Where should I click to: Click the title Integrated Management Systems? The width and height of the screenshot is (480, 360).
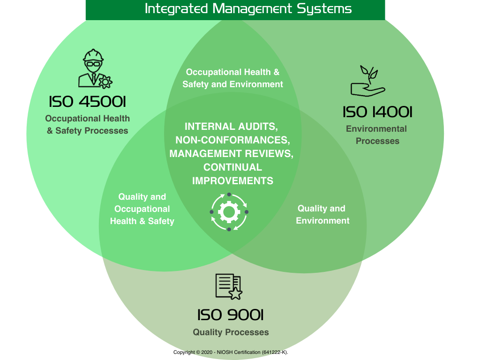(x=248, y=8)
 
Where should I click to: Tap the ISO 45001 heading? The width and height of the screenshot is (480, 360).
(x=87, y=102)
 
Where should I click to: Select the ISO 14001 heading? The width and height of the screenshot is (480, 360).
(x=377, y=112)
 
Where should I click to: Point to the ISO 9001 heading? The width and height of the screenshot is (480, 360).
(x=230, y=315)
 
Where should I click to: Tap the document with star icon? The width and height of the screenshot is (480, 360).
(x=228, y=286)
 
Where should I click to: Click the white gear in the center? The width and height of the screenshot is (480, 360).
(x=229, y=212)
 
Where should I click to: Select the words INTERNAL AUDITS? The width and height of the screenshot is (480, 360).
(x=231, y=127)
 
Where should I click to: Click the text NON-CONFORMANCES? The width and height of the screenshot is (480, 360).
(x=232, y=140)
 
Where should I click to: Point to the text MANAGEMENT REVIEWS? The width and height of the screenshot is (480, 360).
(x=231, y=154)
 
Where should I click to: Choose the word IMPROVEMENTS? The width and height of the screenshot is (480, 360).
(x=232, y=181)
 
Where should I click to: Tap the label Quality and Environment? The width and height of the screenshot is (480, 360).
(x=322, y=214)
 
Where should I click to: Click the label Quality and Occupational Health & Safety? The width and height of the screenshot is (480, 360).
(x=142, y=209)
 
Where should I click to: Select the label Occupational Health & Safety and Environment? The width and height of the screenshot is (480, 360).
(x=232, y=78)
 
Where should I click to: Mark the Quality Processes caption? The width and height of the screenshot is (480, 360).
(x=231, y=332)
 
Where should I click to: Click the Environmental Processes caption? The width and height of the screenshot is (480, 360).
(x=377, y=135)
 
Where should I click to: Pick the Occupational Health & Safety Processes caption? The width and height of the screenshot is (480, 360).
(x=87, y=125)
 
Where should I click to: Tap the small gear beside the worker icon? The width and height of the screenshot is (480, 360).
(x=105, y=82)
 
